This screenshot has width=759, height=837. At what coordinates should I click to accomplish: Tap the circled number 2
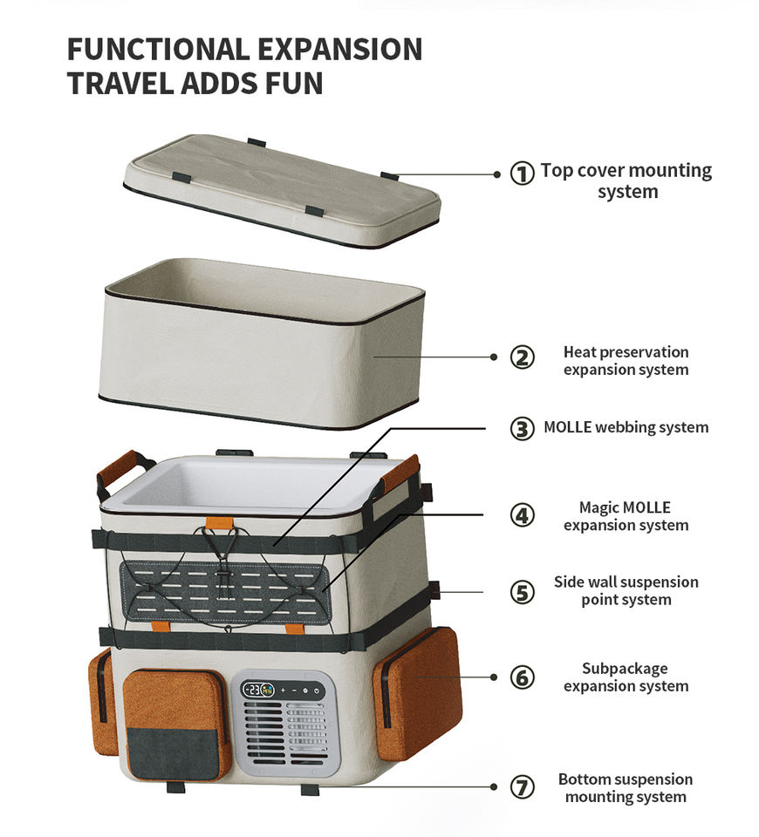click(x=522, y=357)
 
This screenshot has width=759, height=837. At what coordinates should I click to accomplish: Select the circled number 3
click(x=522, y=428)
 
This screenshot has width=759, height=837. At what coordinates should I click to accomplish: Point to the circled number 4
click(x=522, y=515)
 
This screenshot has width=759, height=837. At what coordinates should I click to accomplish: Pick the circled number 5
click(x=522, y=592)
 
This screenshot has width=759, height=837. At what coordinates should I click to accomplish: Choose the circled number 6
click(x=522, y=677)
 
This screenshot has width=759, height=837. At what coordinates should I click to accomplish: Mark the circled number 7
click(x=522, y=787)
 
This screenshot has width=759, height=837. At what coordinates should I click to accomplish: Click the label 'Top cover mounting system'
click(x=626, y=180)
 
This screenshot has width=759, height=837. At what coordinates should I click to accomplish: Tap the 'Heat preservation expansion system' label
click(x=626, y=361)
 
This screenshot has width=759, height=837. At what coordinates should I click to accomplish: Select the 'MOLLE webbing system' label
click(x=626, y=427)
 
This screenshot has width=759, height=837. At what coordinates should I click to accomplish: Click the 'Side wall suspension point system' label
click(x=626, y=590)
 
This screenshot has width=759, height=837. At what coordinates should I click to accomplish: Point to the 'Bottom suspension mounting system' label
click(x=626, y=787)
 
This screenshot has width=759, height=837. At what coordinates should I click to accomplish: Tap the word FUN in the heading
click(x=292, y=84)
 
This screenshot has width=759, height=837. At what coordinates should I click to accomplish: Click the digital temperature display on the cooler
click(x=257, y=690)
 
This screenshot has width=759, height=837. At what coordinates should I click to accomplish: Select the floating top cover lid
click(x=281, y=189)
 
